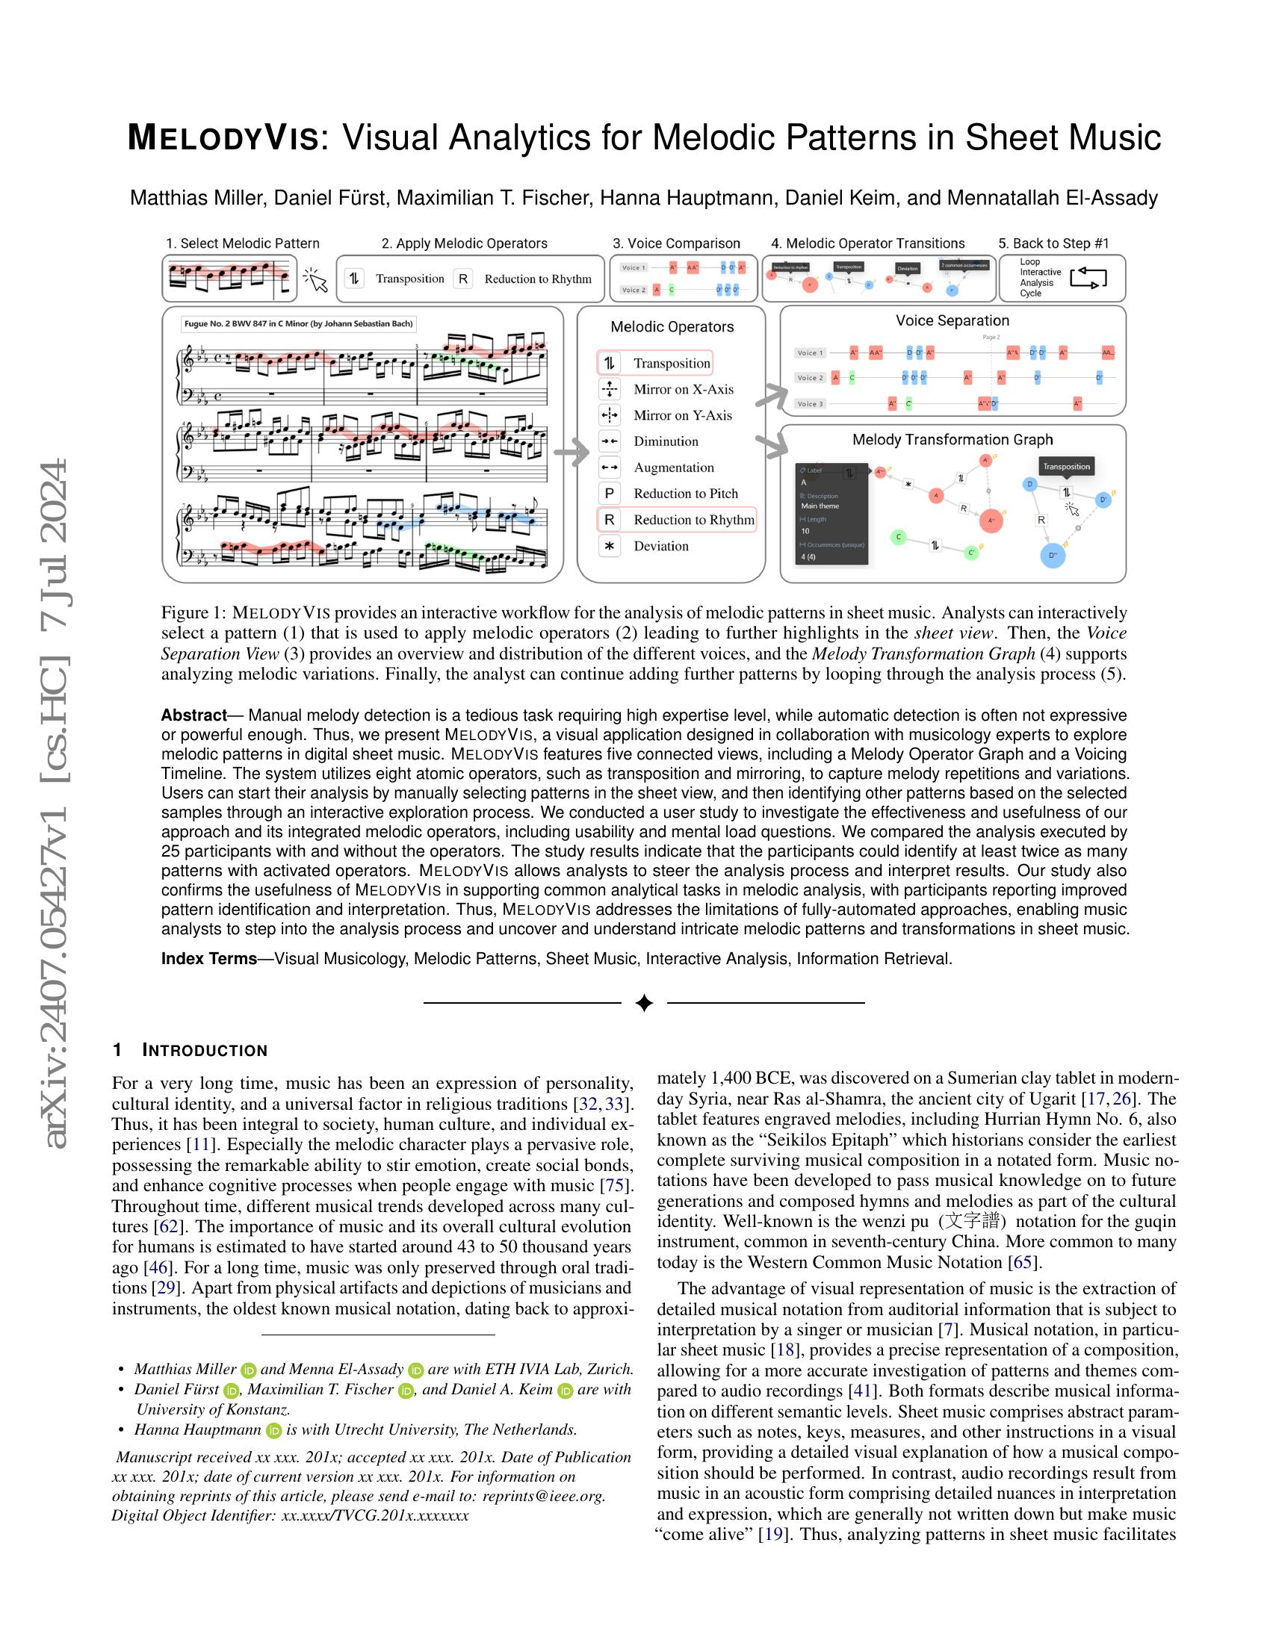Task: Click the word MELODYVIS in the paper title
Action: click(223, 139)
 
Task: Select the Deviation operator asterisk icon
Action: click(609, 546)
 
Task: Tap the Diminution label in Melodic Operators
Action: click(666, 441)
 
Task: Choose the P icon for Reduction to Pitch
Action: click(609, 494)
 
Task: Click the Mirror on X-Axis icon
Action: click(609, 389)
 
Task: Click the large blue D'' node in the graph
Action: click(1052, 556)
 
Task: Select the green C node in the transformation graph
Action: click(898, 537)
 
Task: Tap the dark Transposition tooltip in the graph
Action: click(1065, 467)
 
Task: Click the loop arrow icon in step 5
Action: click(1088, 278)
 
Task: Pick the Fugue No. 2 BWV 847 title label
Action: click(298, 324)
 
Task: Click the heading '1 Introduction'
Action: click(190, 1050)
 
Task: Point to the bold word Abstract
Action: click(193, 715)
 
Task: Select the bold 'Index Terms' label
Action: click(208, 959)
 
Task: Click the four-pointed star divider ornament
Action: click(644, 1003)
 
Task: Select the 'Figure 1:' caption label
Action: click(192, 612)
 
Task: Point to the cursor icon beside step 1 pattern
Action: click(316, 281)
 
